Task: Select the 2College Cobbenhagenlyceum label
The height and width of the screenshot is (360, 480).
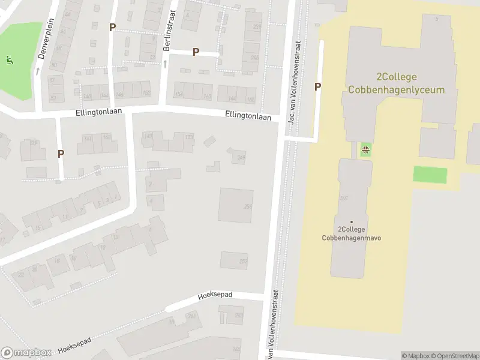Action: click(397, 83)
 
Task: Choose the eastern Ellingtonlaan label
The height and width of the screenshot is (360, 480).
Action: click(248, 115)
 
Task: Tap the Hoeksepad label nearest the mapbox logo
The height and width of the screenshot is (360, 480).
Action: click(74, 345)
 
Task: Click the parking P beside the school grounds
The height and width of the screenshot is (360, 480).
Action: click(318, 86)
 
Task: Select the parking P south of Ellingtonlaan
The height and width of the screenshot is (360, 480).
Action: click(61, 154)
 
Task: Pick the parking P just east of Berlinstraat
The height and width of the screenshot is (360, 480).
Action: click(196, 52)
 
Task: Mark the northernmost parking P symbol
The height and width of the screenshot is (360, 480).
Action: click(112, 27)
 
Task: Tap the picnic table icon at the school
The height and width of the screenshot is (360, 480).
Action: click(365, 149)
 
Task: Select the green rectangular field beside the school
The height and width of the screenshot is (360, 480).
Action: click(430, 175)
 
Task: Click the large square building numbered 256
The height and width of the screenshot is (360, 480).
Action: click(235, 205)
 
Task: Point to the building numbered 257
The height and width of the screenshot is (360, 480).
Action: click(234, 260)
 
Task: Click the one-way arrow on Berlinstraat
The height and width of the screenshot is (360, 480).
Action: click(165, 63)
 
